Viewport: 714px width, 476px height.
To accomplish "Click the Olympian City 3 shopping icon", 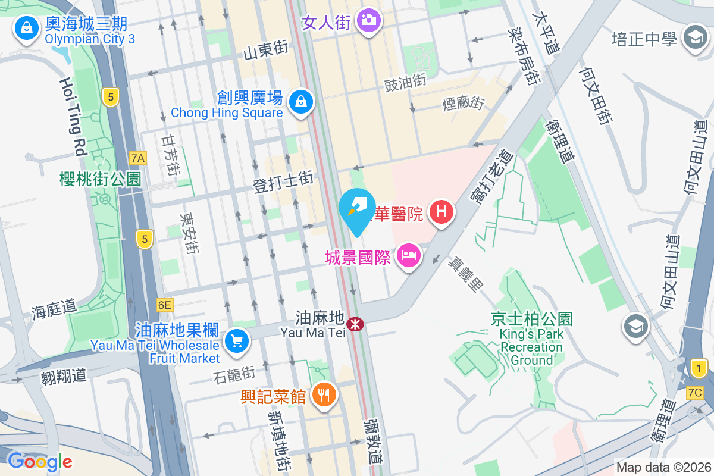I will pyautogui.click(x=26, y=27).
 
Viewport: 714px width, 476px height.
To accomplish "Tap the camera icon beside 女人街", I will pyautogui.click(x=369, y=20).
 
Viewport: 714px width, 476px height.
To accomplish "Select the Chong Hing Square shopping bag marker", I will pyautogui.click(x=302, y=102).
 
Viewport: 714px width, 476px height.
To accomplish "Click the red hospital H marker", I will pyautogui.click(x=441, y=212).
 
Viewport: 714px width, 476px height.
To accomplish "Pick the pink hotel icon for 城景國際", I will pyautogui.click(x=408, y=255).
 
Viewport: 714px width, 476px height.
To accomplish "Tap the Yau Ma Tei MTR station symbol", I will pyautogui.click(x=355, y=325).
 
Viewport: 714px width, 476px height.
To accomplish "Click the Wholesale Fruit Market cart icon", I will pyautogui.click(x=237, y=341).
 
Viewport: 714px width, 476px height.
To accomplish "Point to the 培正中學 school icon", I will pyautogui.click(x=694, y=39).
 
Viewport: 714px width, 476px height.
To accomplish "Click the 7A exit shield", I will pyautogui.click(x=138, y=158).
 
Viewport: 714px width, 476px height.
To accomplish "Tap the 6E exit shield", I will pyautogui.click(x=165, y=305).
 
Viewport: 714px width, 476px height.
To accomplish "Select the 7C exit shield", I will pyautogui.click(x=694, y=393).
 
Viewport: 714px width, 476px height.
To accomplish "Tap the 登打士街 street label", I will pyautogui.click(x=283, y=181).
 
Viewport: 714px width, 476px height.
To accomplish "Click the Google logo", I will pyautogui.click(x=39, y=461).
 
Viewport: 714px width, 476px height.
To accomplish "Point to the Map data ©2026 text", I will pyautogui.click(x=663, y=467).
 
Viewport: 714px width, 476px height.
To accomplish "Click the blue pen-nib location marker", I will pyautogui.click(x=357, y=211).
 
